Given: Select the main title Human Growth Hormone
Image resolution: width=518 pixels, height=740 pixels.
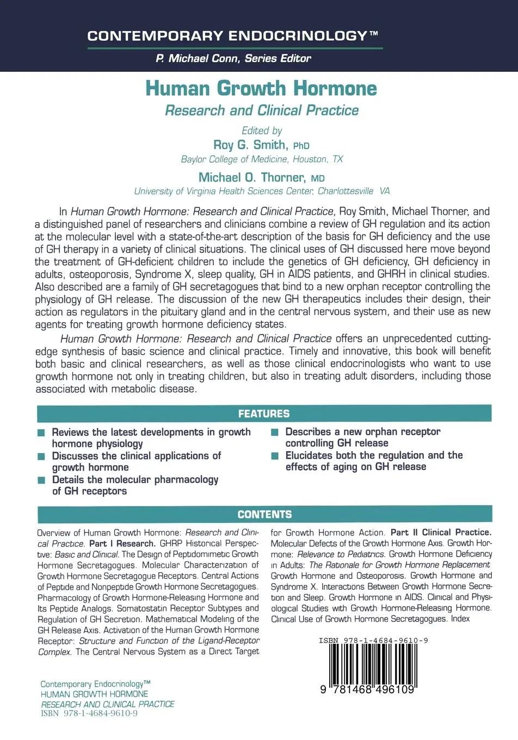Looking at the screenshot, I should pos(261,88).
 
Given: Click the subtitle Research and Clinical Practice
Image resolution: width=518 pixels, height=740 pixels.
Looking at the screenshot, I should pos(262,110).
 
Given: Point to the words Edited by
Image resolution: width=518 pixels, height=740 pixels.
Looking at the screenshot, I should pos(262,131).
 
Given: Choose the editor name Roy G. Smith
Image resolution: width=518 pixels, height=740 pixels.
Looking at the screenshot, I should pos(249,145).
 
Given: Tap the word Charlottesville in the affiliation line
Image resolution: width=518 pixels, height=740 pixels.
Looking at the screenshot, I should pos(346,191).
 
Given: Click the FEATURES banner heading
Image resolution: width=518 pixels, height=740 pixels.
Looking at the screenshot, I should pos(264,414).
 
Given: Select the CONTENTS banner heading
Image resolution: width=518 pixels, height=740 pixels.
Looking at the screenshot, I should pos(264,514).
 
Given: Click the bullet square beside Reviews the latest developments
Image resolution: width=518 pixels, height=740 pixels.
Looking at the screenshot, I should pos(41,433).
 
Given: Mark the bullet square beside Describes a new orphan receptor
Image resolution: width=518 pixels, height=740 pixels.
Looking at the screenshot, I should pos(275,433).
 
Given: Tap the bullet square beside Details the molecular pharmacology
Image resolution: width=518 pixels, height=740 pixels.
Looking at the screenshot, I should pos(41,480).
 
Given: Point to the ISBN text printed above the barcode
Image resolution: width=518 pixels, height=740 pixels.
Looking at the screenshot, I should pos(373,640).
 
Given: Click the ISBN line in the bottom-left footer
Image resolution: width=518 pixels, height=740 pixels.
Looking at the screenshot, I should pos(89,713).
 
